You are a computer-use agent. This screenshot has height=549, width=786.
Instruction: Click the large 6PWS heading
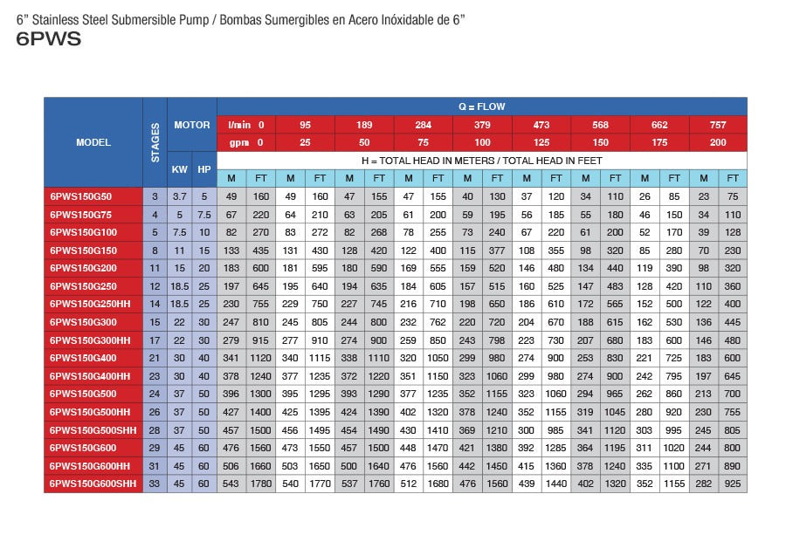pyautogui.click(x=49, y=39)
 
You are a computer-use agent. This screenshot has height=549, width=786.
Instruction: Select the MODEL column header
pyautogui.click(x=93, y=142)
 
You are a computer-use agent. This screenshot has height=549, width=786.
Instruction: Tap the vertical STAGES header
pyautogui.click(x=155, y=141)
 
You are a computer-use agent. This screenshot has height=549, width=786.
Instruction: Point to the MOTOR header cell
pyautogui.click(x=192, y=125)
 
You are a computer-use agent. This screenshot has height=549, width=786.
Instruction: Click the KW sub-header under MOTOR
pyautogui.click(x=179, y=169)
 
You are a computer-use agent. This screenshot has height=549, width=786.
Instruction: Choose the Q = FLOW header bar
pyautogui.click(x=481, y=106)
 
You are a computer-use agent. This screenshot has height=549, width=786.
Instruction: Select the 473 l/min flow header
pyautogui.click(x=541, y=125)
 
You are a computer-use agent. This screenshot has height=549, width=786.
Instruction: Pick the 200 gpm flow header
pyautogui.click(x=718, y=142)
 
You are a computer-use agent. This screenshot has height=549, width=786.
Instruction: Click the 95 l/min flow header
pyautogui.click(x=305, y=125)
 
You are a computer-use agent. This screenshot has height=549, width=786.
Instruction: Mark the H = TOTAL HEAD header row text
pyautogui.click(x=481, y=161)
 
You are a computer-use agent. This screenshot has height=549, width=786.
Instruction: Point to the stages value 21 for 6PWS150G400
pyautogui.click(x=155, y=357)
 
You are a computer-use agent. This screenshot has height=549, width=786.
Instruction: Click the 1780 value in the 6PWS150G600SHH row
pyautogui.click(x=261, y=483)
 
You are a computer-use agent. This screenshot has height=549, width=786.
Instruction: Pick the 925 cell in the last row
pyautogui.click(x=733, y=483)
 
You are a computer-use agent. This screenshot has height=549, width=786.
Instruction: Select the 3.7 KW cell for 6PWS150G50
pyautogui.click(x=179, y=196)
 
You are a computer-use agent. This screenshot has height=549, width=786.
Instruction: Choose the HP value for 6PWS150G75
pyautogui.click(x=204, y=214)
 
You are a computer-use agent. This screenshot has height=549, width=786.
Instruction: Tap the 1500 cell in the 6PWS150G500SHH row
pyautogui.click(x=261, y=429)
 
